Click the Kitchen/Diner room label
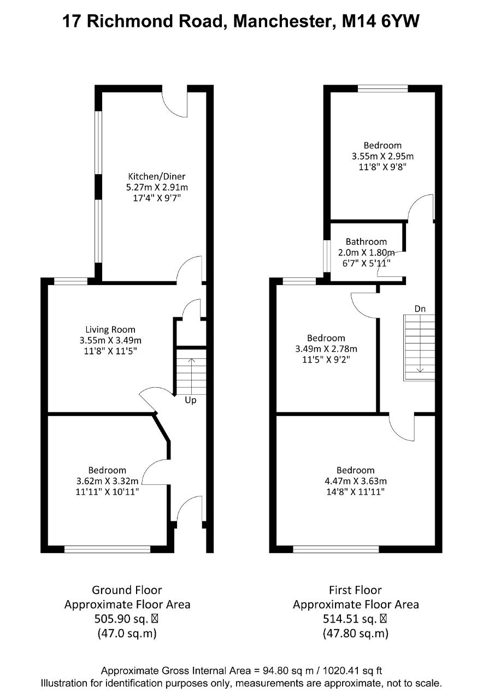[x=157, y=176]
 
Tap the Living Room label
[x=110, y=329]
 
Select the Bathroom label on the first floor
[x=366, y=241]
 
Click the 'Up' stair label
[x=191, y=400]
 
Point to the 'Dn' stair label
[x=420, y=309]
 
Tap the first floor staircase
[x=419, y=348]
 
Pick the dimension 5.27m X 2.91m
[x=157, y=187]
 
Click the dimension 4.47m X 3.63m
[x=356, y=481]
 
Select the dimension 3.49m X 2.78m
[x=326, y=348]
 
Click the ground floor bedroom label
[x=107, y=470]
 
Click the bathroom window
[x=327, y=256]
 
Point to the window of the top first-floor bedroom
[x=383, y=88]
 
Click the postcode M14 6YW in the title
[x=381, y=22]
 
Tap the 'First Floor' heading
[x=355, y=590]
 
